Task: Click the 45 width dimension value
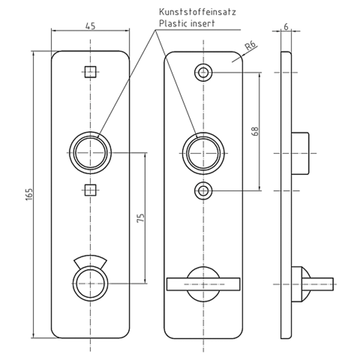click(x=90, y=26)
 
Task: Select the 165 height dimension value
click(x=29, y=195)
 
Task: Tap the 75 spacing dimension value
click(x=141, y=218)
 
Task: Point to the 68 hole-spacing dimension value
click(x=255, y=131)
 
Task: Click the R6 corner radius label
click(x=250, y=45)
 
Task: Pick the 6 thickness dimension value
click(x=286, y=27)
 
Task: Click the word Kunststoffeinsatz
click(x=197, y=12)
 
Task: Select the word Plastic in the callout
click(x=174, y=23)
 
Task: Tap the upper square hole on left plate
click(x=90, y=72)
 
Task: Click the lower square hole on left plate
click(x=90, y=190)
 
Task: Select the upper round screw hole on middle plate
click(x=203, y=73)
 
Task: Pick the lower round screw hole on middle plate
click(x=203, y=191)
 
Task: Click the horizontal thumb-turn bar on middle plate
click(x=203, y=284)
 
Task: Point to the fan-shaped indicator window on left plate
click(x=90, y=260)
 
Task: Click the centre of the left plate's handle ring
click(x=90, y=153)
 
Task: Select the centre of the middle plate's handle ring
click(x=203, y=153)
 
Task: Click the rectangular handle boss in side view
click(x=300, y=153)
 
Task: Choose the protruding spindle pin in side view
click(x=318, y=284)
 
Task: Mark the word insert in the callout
click(x=203, y=23)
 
